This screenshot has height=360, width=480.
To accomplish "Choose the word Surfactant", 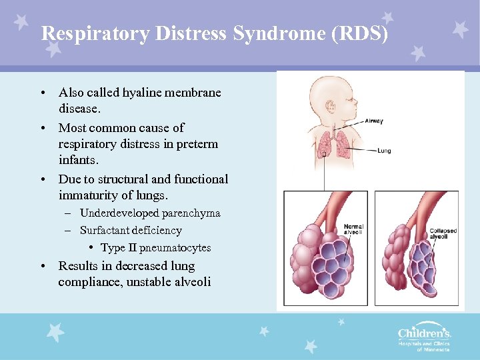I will pos(107,231).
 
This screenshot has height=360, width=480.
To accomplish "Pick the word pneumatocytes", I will pos(175,248).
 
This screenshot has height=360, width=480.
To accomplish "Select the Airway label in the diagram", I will pos(374,121).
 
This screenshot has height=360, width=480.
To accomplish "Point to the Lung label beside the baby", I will pos(384,151).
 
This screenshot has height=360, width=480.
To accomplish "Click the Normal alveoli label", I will pos(353,230).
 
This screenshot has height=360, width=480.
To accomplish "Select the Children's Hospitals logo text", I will pos(424,333).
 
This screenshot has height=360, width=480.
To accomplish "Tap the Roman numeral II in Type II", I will pos(132,248).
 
